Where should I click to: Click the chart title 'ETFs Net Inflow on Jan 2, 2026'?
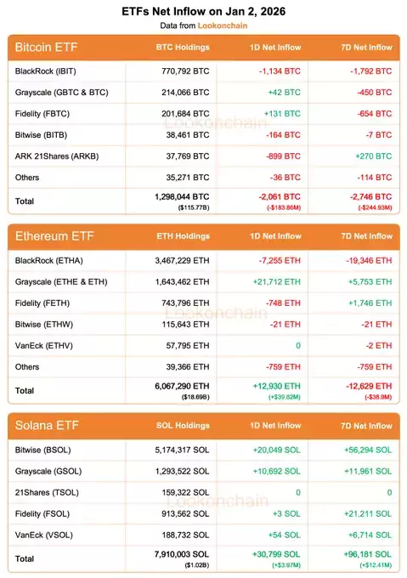(x=203, y=11)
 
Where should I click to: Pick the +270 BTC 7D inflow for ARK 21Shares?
(x=373, y=156)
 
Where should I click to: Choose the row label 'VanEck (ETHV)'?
(x=45, y=345)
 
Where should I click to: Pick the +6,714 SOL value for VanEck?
(x=370, y=534)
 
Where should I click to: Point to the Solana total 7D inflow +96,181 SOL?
(x=367, y=553)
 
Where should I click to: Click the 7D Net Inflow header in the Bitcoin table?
(x=360, y=48)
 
